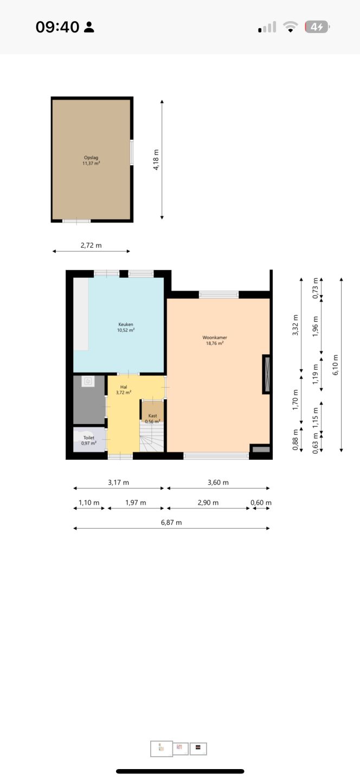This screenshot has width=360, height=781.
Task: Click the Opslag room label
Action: pos(91,158)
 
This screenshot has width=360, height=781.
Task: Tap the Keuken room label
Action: pos(125,324)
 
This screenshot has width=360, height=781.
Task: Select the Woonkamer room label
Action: pos(215,337)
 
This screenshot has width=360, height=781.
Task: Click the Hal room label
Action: pos(124,387)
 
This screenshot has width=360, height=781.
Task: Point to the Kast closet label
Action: pos(153,415)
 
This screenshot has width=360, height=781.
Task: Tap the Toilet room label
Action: pos(89,438)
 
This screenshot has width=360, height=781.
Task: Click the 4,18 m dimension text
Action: pos(156,159)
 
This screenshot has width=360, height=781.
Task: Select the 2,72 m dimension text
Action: pos(91,245)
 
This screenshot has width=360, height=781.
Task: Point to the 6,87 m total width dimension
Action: pos(171,522)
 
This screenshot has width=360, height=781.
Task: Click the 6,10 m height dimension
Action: pos(335,365)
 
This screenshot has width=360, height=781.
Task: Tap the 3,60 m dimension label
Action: pos(218,482)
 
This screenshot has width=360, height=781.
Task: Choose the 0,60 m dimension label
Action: pos(261,502)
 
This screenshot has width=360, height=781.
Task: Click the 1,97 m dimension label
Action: pos(136,502)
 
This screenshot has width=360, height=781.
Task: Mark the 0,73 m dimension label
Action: pos(316,288)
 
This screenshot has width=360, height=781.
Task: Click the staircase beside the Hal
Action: pos(152,437)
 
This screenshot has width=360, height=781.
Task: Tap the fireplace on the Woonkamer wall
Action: pos(267,374)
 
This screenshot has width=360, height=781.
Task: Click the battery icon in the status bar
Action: pos(317,27)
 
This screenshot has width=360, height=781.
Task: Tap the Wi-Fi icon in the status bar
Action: pos(290,27)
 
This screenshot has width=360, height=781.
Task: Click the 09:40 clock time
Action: pos(57,27)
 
